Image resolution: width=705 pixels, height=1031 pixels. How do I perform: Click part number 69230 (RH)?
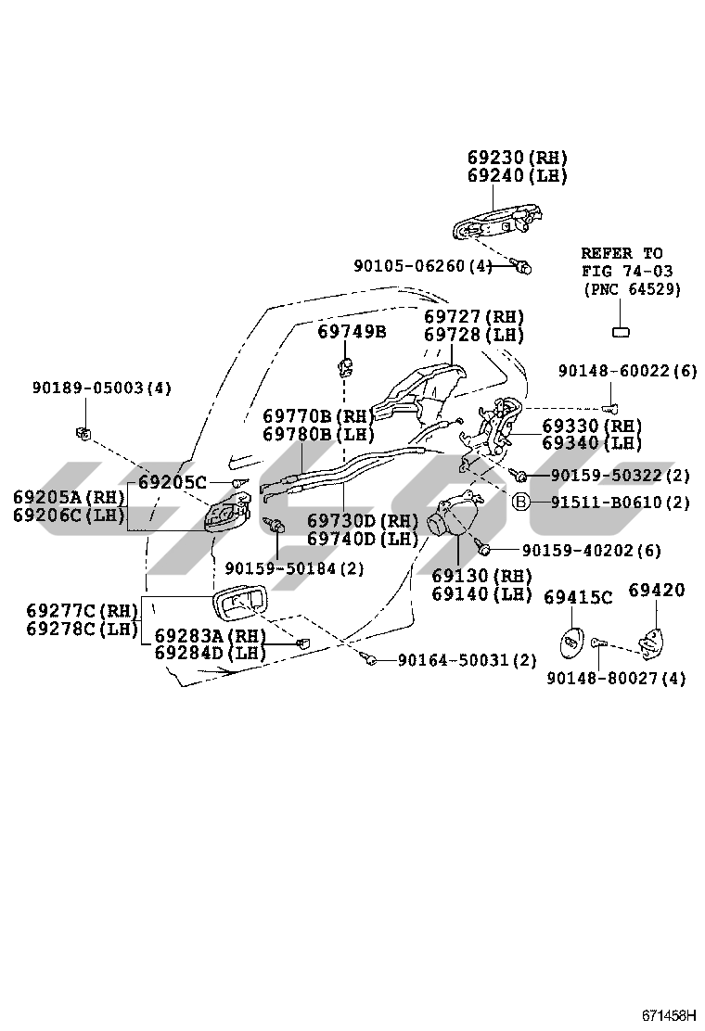pos(518,158)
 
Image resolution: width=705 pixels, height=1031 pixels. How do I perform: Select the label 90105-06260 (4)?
pos(423,266)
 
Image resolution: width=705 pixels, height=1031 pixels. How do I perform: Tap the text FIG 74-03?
pos(627,271)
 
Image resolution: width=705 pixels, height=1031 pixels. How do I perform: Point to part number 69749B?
pos(352,331)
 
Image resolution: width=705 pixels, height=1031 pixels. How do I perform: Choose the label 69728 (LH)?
pos(474,335)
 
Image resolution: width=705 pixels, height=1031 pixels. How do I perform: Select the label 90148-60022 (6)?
pos(627,371)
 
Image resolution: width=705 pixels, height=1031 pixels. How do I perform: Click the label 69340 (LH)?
pos(592,442)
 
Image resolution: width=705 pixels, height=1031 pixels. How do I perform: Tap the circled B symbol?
pos(522,503)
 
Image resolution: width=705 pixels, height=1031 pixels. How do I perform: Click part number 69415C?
pos(577,597)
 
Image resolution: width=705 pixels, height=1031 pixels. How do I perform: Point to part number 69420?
pos(657,590)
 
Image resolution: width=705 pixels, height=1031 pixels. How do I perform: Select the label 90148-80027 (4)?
pos(616,678)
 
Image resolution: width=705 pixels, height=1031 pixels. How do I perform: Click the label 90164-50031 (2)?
pos(468,660)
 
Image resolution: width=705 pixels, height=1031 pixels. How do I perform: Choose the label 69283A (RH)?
pos(210,636)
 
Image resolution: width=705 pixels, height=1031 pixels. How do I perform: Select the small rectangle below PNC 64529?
pos(621,332)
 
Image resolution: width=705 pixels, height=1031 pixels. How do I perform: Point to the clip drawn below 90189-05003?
pos(83,431)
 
